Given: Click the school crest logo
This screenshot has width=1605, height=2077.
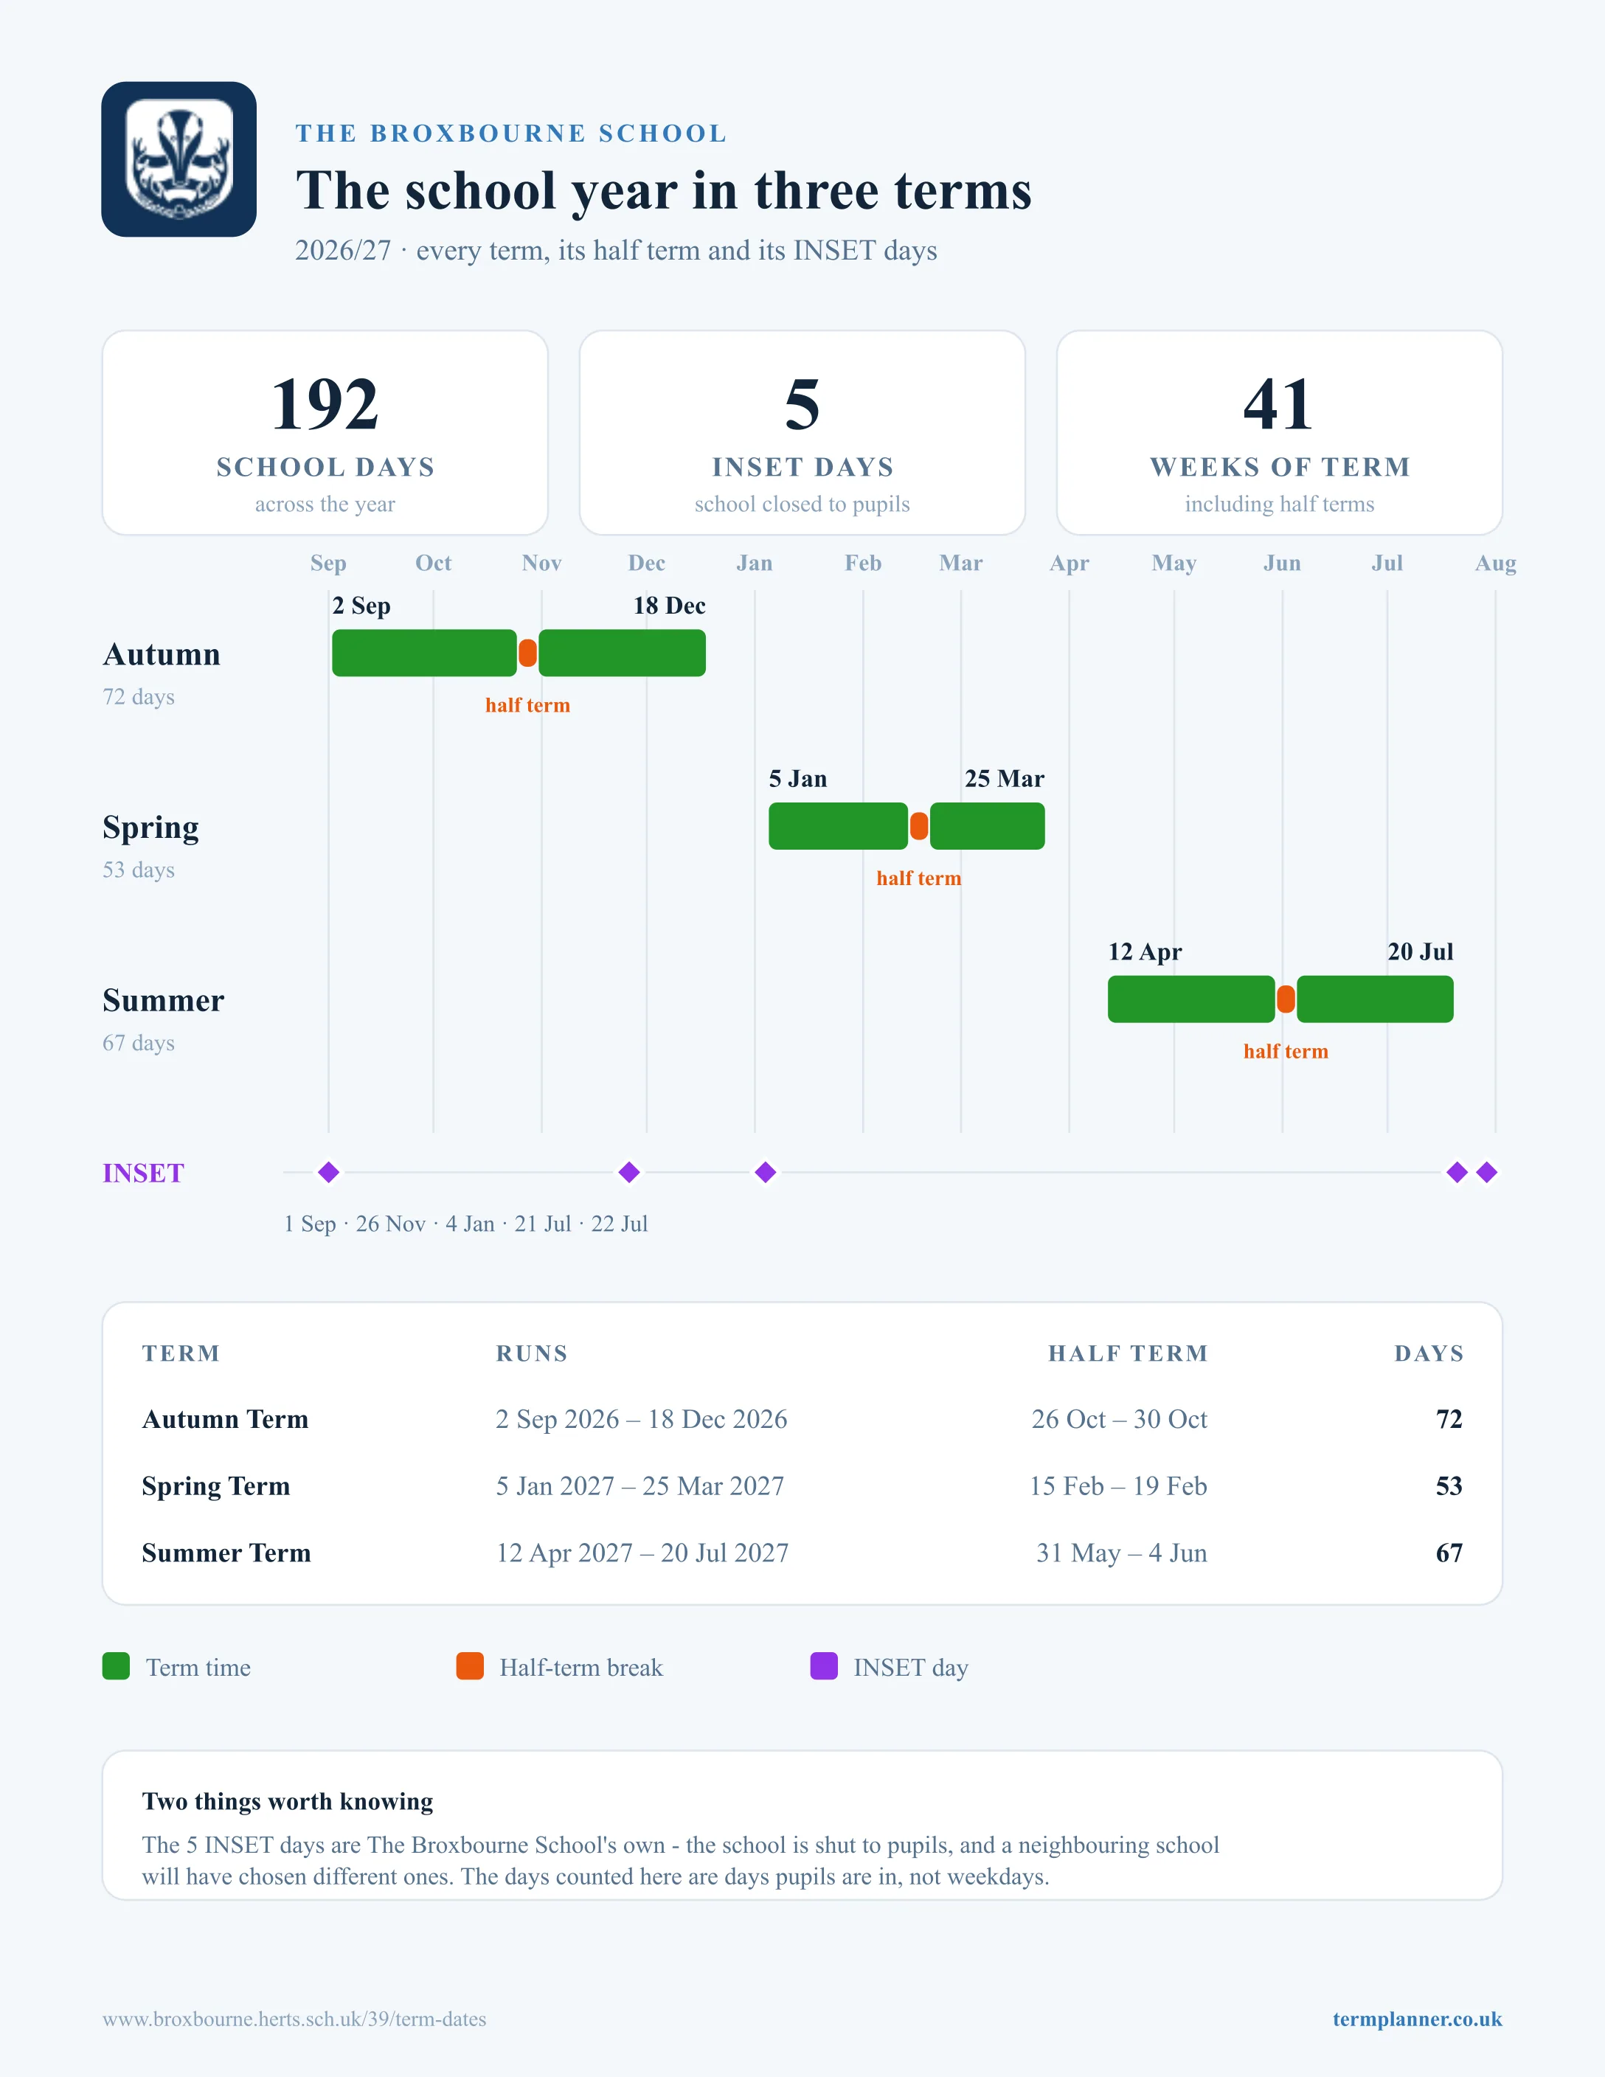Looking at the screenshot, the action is pyautogui.click(x=178, y=159).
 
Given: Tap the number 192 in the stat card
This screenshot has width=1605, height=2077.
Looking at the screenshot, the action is pyautogui.click(x=325, y=404).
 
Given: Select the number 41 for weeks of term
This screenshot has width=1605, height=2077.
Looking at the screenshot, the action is pyautogui.click(x=1279, y=404).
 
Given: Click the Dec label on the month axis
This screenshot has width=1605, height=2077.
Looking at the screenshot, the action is pyautogui.click(x=647, y=563).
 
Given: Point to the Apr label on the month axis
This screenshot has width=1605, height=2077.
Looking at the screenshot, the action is pyautogui.click(x=1069, y=563).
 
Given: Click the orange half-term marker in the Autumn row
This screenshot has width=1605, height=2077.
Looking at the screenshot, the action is pyautogui.click(x=527, y=653).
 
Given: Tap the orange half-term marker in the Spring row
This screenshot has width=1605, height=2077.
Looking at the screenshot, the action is pyautogui.click(x=918, y=825).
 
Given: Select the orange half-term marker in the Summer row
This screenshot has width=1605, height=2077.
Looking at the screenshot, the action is pyautogui.click(x=1286, y=999).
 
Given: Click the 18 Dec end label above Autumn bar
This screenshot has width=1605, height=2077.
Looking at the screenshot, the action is pyautogui.click(x=670, y=606).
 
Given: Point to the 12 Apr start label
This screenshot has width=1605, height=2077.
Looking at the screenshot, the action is pyautogui.click(x=1145, y=952).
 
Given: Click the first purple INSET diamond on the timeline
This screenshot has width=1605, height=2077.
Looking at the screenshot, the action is pyautogui.click(x=329, y=1173).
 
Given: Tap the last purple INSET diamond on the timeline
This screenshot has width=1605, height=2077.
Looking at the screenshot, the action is pyautogui.click(x=1487, y=1173).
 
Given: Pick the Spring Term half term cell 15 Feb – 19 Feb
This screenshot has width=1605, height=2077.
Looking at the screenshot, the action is pyautogui.click(x=1118, y=1485).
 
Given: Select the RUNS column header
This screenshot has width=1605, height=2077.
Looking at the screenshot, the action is pyautogui.click(x=532, y=1353).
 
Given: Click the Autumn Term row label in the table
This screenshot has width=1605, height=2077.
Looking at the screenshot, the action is pyautogui.click(x=226, y=1419).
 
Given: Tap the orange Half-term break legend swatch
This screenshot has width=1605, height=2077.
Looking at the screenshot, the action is pyautogui.click(x=470, y=1666).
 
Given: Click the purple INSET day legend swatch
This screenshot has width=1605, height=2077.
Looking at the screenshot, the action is pyautogui.click(x=823, y=1666).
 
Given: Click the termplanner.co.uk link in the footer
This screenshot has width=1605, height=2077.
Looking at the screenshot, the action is pyautogui.click(x=1417, y=2019).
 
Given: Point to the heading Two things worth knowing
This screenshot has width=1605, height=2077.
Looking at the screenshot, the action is pyautogui.click(x=287, y=1801).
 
